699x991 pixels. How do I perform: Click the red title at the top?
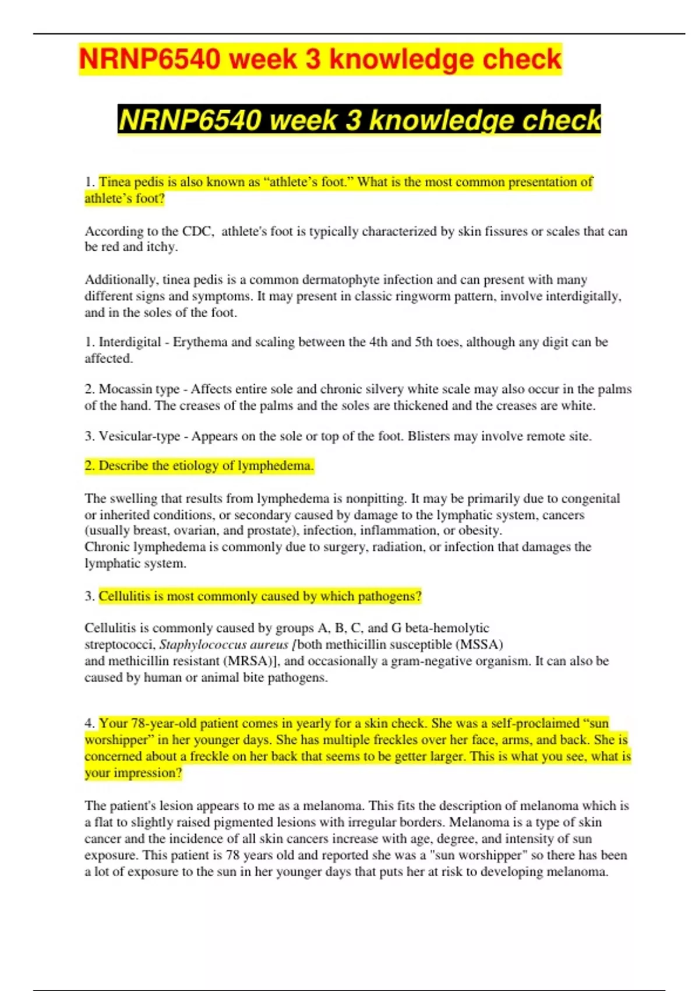[320, 59]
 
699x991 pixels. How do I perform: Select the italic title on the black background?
[359, 120]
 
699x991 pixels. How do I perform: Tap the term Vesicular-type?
[139, 436]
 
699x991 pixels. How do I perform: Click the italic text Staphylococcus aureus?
[224, 645]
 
